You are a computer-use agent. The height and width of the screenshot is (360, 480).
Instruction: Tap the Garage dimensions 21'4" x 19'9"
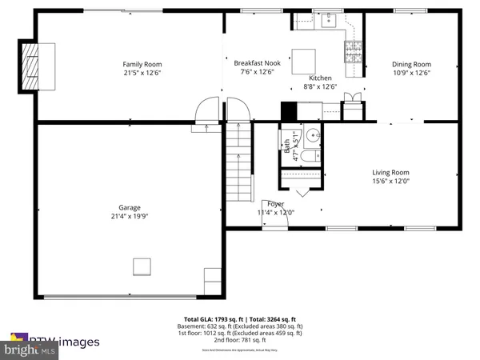[130, 216]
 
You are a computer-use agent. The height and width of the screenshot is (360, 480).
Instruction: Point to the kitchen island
[302, 61]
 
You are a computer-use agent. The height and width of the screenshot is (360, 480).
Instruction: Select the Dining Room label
[411, 64]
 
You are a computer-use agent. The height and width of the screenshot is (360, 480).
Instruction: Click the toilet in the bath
[310, 155]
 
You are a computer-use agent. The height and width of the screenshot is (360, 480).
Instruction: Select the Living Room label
[390, 172]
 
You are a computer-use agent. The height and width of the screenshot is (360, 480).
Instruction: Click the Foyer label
[275, 203]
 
